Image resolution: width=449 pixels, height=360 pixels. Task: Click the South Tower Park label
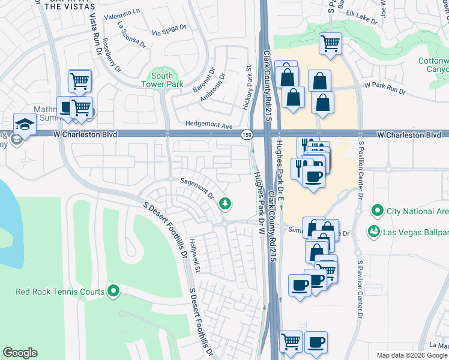pos(162,80)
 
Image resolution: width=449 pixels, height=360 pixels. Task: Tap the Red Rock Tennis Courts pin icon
pos(113,292)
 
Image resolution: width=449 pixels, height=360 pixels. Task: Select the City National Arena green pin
pos(377,211)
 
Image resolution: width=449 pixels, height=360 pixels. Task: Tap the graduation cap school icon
pos(25,124)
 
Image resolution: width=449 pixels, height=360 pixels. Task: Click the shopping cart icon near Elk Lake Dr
pos(330,43)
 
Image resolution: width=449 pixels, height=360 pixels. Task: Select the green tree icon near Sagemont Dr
pos(225,204)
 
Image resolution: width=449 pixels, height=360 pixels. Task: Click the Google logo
pos(20,353)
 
